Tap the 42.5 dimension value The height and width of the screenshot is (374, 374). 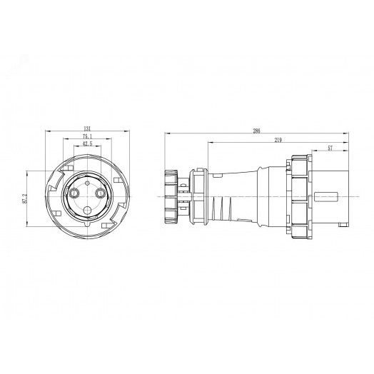coord(86,143)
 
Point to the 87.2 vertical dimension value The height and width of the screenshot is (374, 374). coord(25,199)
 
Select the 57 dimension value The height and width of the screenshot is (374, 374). coord(330,148)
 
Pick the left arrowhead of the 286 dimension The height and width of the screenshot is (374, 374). coord(166,135)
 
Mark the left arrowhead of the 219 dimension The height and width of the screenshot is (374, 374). coord(208,143)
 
